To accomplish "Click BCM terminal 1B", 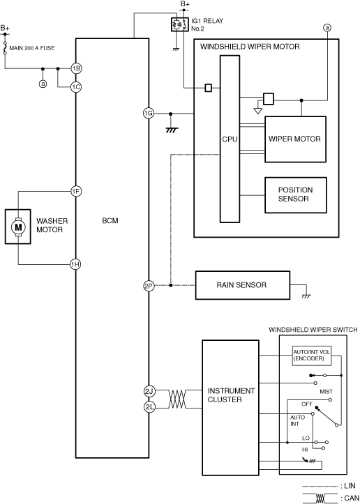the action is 76,68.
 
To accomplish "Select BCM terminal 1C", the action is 76,87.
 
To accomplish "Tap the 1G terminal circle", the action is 149,113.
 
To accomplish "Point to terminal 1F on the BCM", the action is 76,192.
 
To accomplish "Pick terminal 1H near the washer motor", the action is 75,264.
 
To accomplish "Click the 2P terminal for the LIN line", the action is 149,285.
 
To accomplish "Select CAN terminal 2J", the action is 149,391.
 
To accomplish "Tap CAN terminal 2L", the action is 149,407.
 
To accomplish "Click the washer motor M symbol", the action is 18,227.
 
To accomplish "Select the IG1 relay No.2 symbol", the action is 179,24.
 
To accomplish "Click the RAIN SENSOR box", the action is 243,285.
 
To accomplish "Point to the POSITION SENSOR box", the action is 295,194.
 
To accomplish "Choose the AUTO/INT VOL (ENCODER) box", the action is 312,356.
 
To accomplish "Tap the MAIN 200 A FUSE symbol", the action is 5,48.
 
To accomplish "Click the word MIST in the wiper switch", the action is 326,392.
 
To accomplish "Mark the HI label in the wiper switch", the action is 305,450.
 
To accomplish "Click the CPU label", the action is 230,139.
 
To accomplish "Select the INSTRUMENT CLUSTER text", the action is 231,395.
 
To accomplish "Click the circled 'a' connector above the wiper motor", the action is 327,28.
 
